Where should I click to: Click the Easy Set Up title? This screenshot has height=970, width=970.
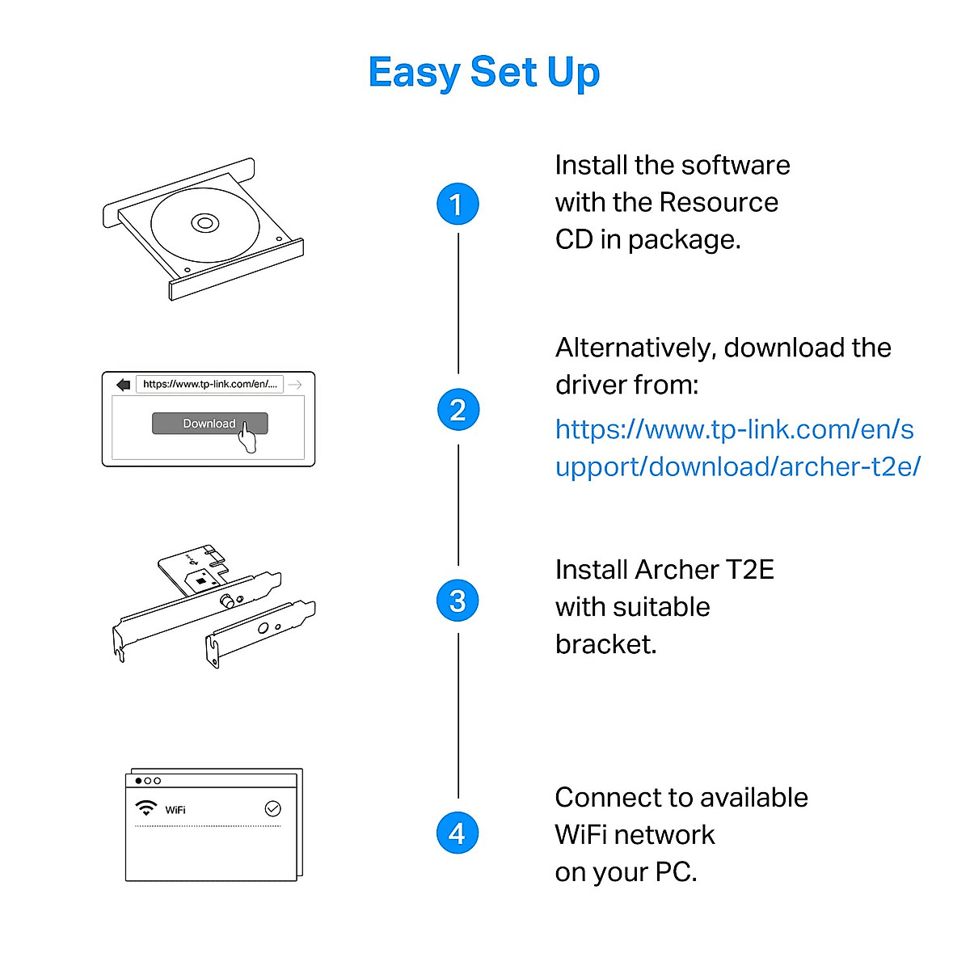point(483,73)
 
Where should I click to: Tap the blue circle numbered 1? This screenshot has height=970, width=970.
point(458,204)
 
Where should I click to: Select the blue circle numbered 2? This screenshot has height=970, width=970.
point(458,410)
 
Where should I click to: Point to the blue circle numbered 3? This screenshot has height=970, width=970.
point(458,601)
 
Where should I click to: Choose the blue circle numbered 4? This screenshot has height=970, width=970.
point(458,833)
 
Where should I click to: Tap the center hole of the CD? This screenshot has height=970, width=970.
point(204,222)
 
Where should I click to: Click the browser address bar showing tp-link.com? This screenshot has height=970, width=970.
point(209,384)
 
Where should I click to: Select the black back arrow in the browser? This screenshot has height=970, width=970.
point(123,385)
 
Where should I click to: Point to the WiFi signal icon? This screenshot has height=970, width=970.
point(146,808)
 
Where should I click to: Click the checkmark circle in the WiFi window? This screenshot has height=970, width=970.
point(273,808)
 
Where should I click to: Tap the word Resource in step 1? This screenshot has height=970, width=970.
point(719,202)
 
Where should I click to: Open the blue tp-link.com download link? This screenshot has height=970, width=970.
point(736,447)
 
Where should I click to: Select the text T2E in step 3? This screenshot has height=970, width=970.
point(749,570)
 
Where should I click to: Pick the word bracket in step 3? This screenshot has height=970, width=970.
point(605,644)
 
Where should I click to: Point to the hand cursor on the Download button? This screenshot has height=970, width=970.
point(247,439)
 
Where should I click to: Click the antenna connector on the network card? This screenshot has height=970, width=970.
point(229,601)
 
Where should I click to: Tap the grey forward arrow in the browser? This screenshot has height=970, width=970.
point(295,385)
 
